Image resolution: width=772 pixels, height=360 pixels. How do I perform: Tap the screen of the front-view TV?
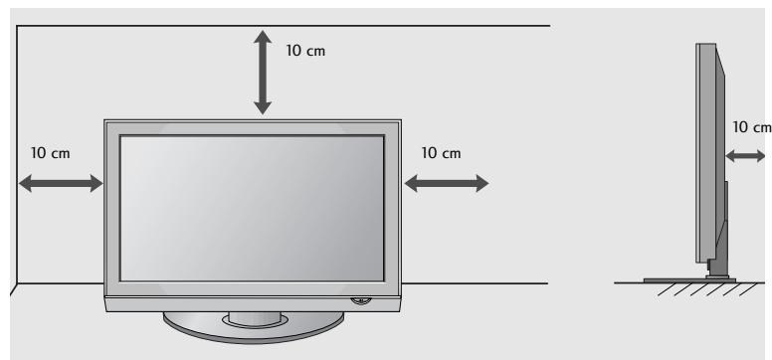[254, 207]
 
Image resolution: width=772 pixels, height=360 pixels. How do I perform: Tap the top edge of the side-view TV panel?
[706, 45]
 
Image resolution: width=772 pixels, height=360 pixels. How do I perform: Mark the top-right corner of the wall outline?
[548, 27]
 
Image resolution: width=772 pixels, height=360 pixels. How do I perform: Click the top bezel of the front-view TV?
[254, 126]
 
